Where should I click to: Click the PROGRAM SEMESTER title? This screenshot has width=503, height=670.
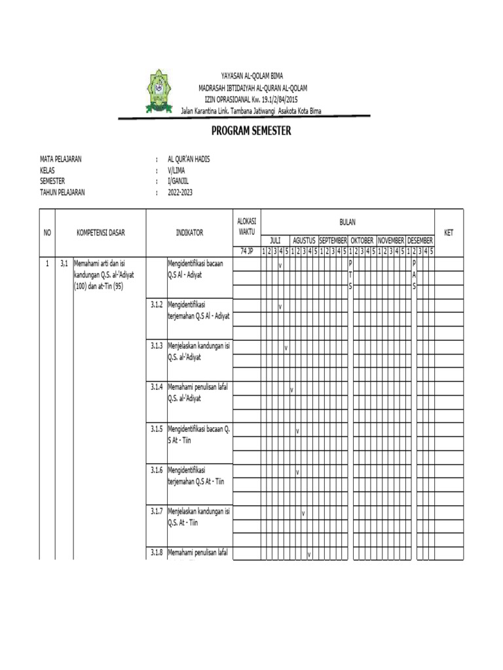(251, 131)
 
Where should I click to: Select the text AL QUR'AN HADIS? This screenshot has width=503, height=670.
(189, 159)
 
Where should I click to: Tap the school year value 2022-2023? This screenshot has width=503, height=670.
(181, 192)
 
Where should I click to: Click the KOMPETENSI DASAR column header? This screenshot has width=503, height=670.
(101, 232)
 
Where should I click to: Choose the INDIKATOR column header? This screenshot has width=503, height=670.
(189, 232)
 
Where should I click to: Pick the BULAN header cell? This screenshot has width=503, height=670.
(347, 222)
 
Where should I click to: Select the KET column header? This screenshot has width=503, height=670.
(449, 232)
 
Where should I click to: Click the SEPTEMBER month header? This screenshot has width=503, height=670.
(333, 241)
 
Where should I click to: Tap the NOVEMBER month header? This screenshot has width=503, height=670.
(390, 241)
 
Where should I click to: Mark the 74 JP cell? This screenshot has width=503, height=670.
(246, 251)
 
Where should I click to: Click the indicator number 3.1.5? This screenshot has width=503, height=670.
(156, 429)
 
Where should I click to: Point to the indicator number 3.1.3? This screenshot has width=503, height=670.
(156, 345)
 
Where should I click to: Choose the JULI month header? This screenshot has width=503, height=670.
(275, 241)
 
